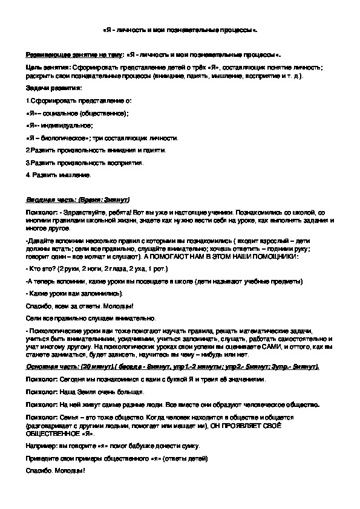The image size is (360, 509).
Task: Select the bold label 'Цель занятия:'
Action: (48, 66)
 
